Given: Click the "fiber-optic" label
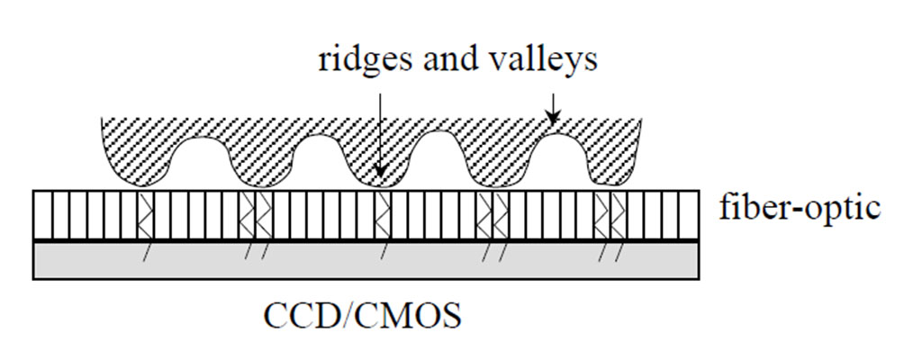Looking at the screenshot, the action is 799,208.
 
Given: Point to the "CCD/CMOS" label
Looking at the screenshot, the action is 364,316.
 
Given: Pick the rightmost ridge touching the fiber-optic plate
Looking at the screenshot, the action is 610,176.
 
